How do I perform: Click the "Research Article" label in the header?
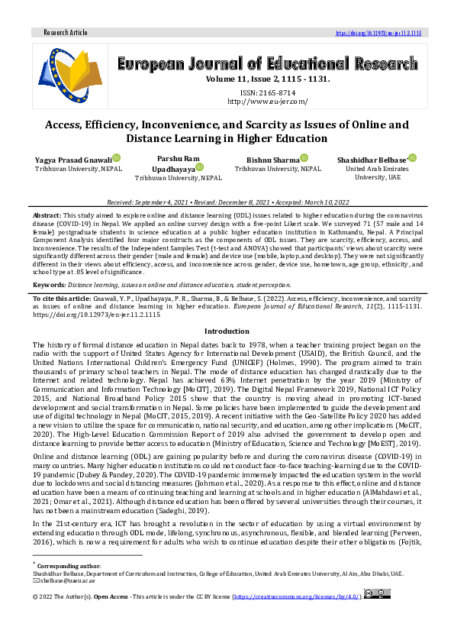(66, 34)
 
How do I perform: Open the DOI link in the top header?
(378, 34)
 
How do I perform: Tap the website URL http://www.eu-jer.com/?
(267, 101)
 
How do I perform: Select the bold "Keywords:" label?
(49, 284)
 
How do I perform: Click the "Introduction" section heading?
(227, 331)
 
